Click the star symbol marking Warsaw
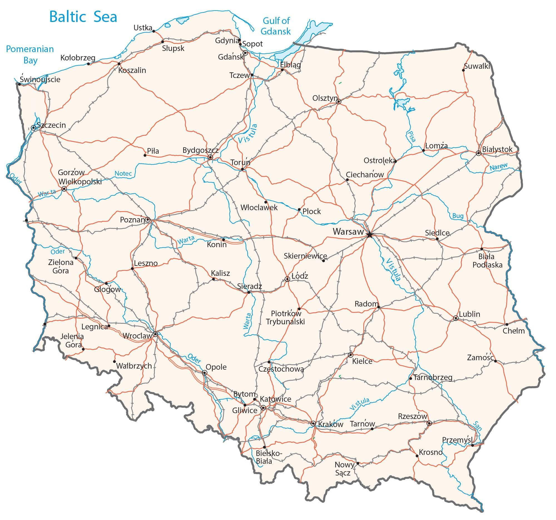(369, 235)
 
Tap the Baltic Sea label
(83, 17)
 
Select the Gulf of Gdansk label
(276, 26)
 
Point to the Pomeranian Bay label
(30, 55)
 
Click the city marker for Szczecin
(34, 128)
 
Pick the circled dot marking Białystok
(478, 153)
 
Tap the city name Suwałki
(476, 66)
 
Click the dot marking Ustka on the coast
(153, 31)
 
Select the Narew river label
(498, 167)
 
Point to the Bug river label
(458, 216)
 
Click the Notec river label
(123, 174)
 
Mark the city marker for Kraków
(313, 423)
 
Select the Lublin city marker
(456, 318)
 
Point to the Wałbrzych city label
(134, 366)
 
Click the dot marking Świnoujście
(19, 84)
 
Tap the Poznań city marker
(148, 220)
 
